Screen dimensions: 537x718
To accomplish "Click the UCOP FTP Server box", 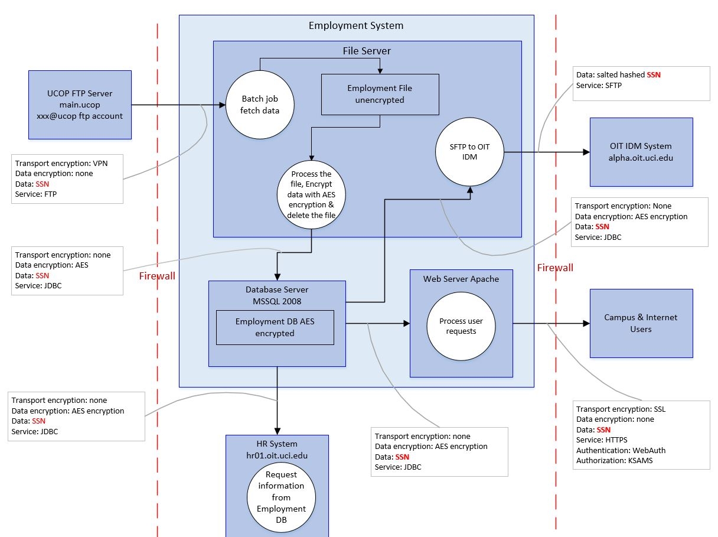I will (80, 105).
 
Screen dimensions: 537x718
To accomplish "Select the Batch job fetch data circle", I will (258, 105).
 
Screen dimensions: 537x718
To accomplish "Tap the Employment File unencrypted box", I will (380, 94).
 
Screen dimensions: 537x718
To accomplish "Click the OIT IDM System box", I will (641, 152).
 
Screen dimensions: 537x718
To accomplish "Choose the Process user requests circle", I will (461, 326).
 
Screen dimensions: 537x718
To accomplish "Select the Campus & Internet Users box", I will (641, 323).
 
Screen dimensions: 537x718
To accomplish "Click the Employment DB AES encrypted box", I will (275, 327).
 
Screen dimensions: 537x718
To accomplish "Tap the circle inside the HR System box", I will (277, 496).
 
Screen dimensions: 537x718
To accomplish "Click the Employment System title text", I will (356, 25).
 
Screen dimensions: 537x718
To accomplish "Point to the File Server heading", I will (367, 51).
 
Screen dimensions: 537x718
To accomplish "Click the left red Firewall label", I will (157, 276).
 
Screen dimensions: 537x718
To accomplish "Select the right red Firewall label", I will (555, 268).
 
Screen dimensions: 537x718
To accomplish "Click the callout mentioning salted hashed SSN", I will (642, 82).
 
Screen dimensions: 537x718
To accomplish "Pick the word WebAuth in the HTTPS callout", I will (649, 450).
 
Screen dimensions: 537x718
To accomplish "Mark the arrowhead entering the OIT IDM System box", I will (586, 152).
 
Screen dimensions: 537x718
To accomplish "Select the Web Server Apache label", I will (461, 279).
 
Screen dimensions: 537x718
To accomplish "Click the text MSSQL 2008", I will (277, 301).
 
